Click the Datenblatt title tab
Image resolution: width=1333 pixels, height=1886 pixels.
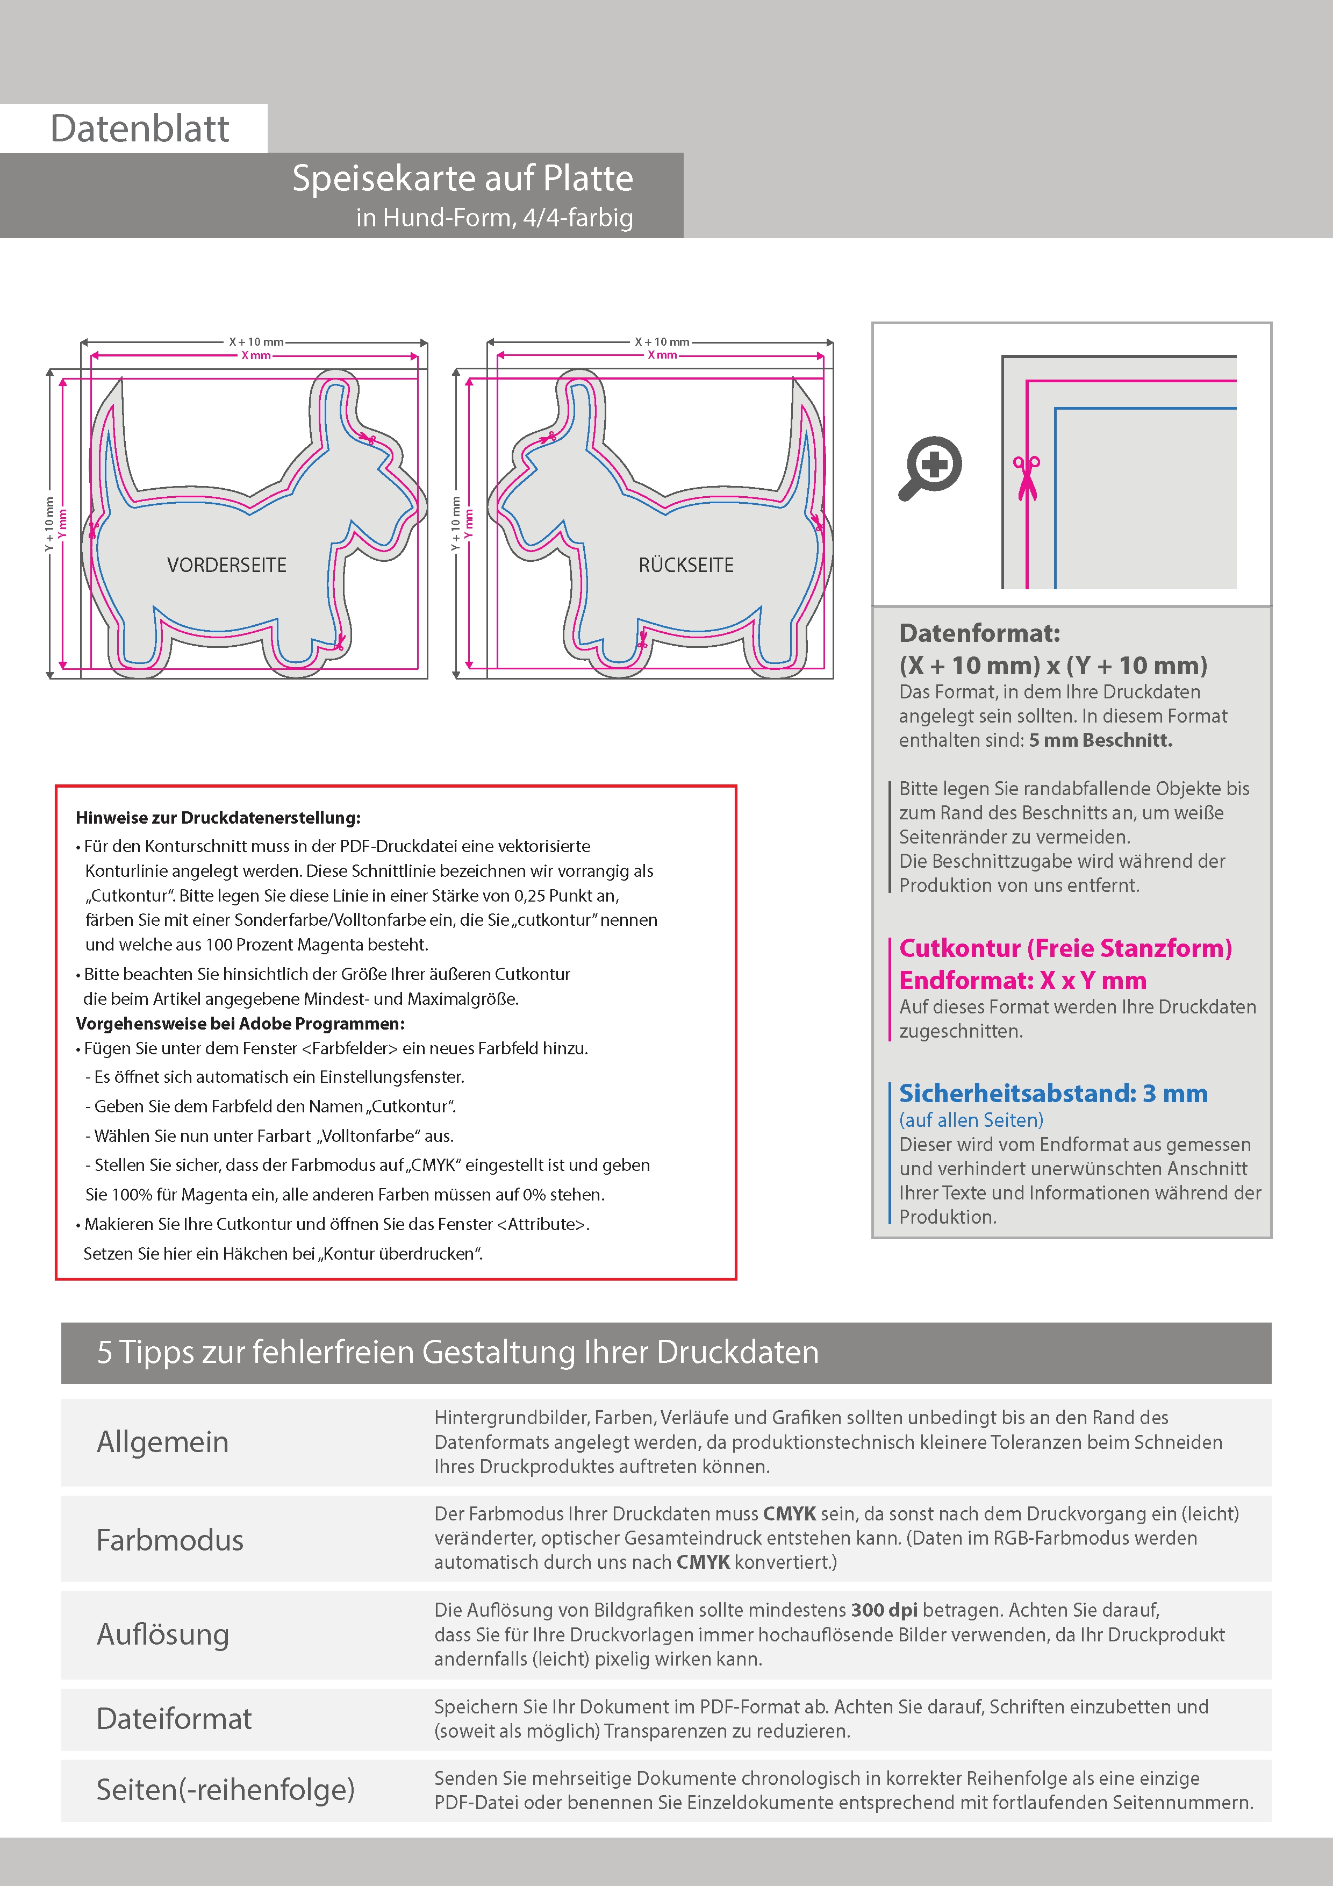[x=140, y=128]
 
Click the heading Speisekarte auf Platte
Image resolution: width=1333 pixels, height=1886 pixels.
[x=462, y=178]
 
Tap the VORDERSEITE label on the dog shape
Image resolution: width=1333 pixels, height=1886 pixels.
[x=227, y=565]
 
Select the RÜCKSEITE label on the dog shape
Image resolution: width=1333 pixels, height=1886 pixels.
[x=686, y=565]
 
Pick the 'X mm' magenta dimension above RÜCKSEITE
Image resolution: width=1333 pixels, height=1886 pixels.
[x=662, y=355]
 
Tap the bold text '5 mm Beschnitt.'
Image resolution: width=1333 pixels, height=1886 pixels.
[x=1101, y=740]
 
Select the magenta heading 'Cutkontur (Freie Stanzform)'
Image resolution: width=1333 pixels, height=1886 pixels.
[x=1065, y=948]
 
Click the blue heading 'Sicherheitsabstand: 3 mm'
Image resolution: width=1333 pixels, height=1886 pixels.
[x=1053, y=1094]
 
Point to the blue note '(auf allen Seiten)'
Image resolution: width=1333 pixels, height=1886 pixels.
[x=971, y=1119]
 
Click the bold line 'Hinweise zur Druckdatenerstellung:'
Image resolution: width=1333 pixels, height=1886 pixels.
[x=218, y=818]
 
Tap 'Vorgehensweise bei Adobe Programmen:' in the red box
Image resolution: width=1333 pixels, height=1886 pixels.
[x=240, y=1024]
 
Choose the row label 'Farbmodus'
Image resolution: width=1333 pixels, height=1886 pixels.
[x=170, y=1540]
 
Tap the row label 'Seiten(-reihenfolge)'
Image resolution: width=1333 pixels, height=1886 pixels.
[x=226, y=1790]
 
